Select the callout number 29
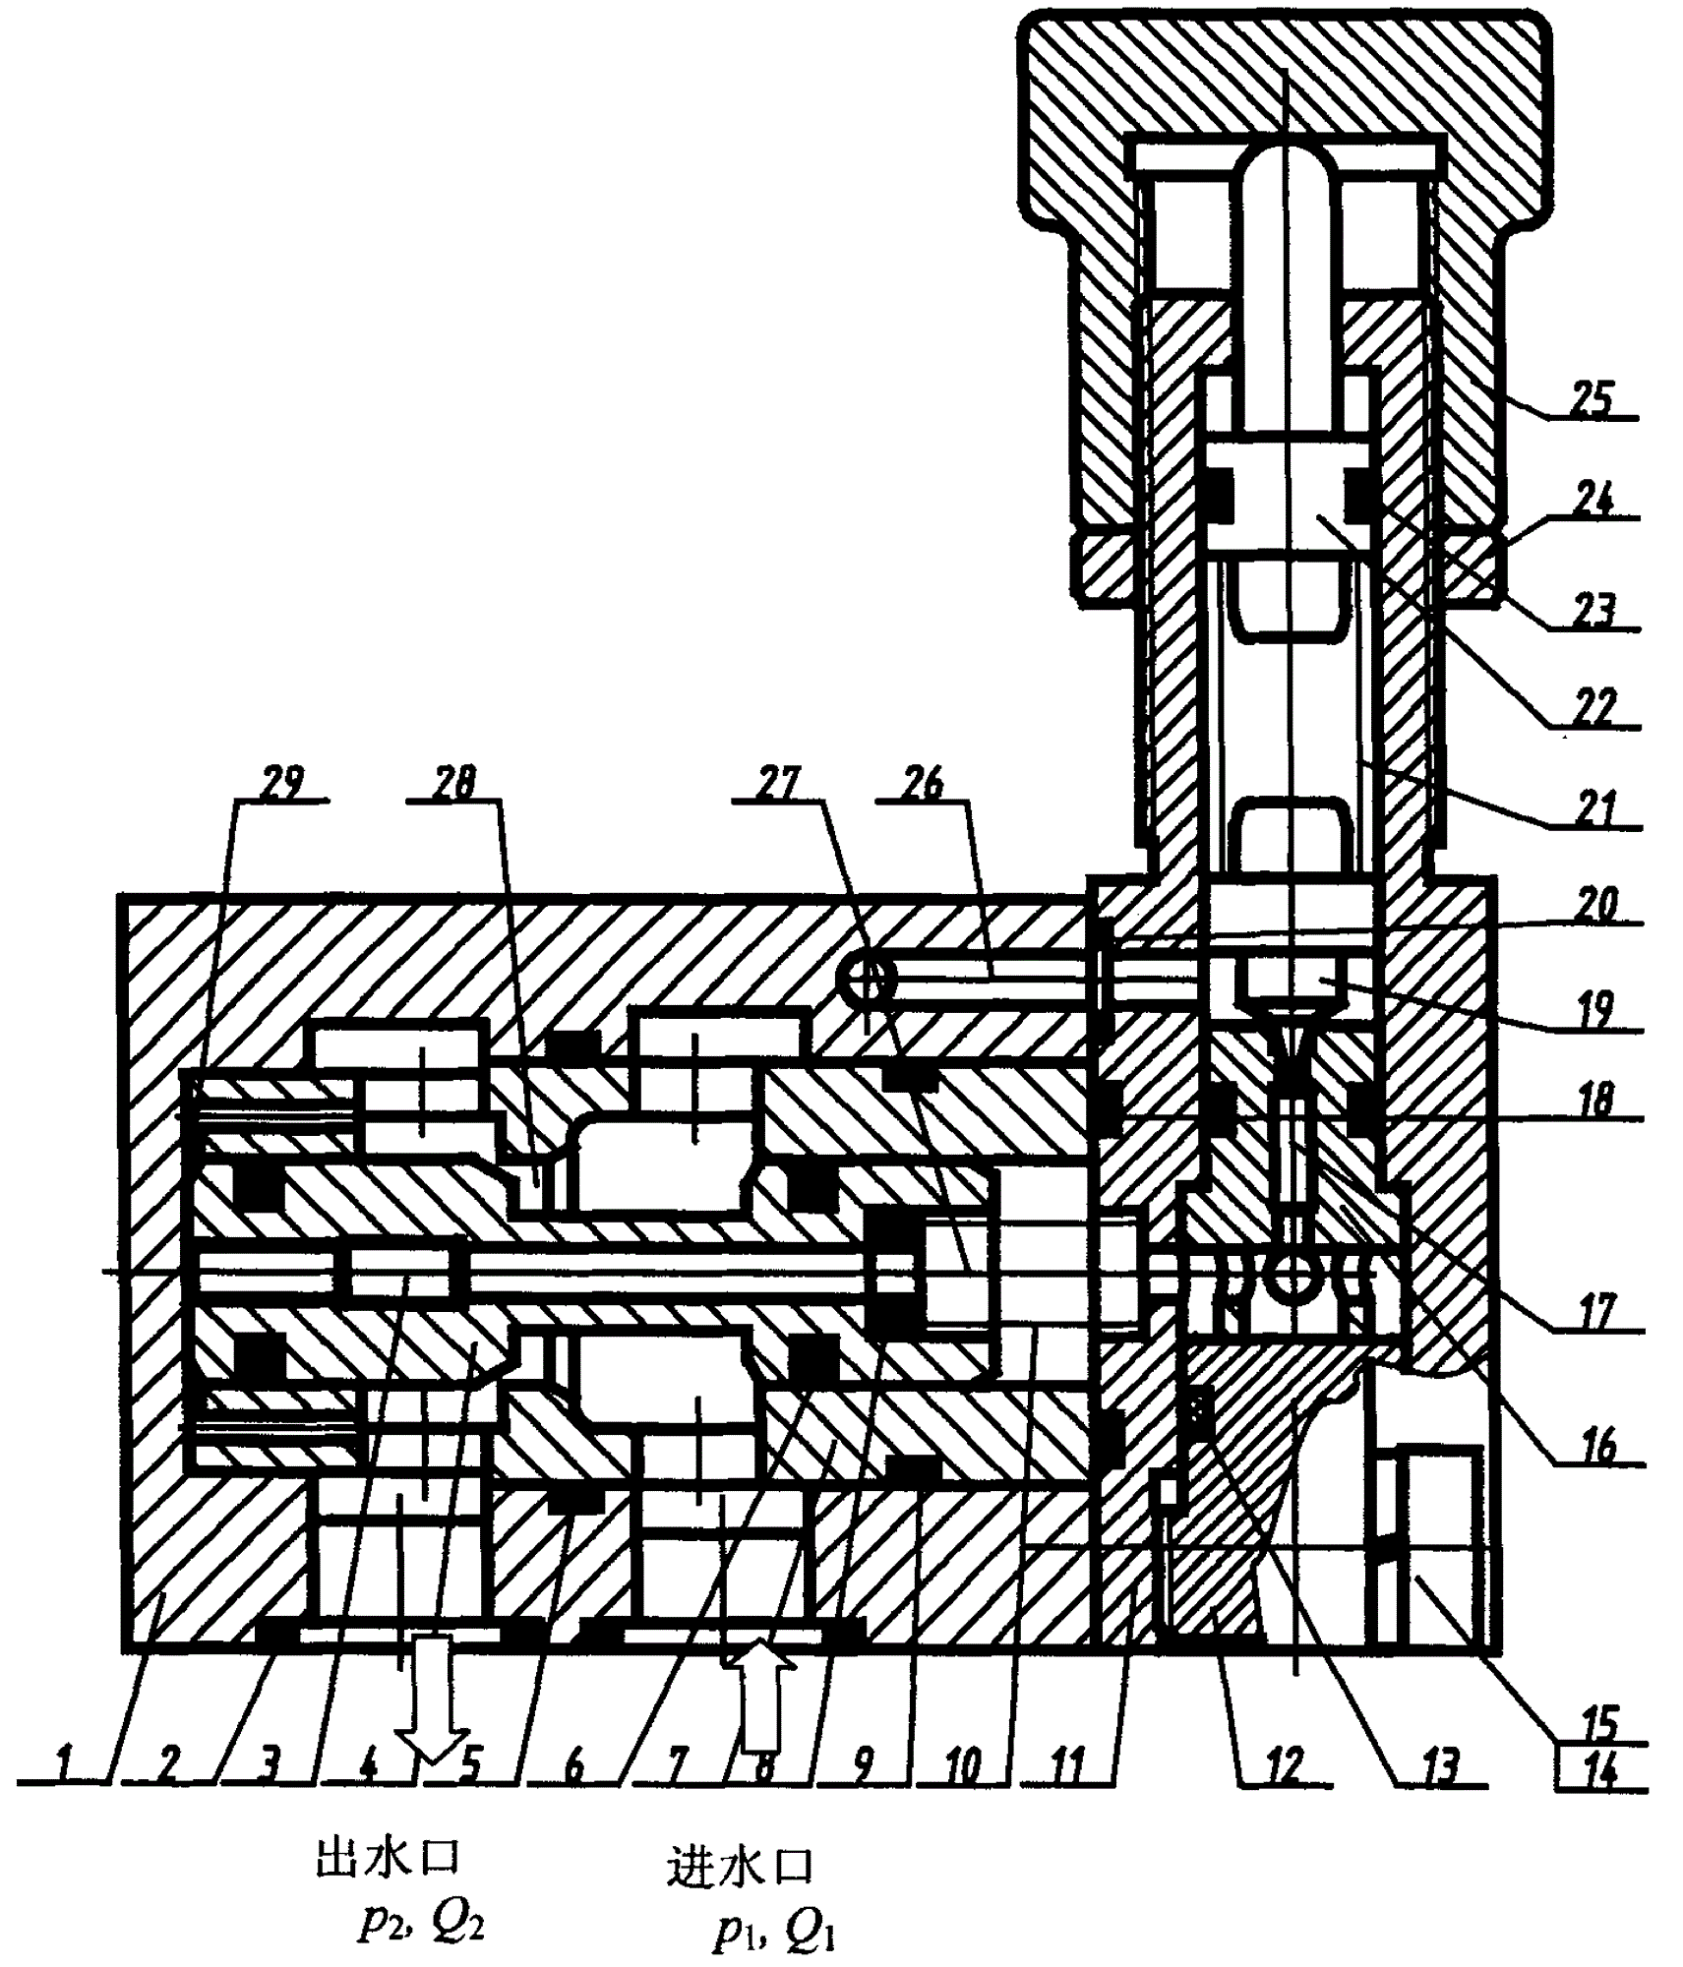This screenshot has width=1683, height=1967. click(280, 784)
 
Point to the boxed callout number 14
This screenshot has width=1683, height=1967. click(1600, 1770)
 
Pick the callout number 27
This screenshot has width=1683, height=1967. click(780, 784)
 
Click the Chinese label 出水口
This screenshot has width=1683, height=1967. click(388, 1859)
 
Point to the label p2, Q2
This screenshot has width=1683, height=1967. click(421, 1920)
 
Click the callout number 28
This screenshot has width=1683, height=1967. click(453, 784)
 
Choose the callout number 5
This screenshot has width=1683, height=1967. click(470, 1767)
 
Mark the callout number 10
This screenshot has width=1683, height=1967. click(963, 1767)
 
